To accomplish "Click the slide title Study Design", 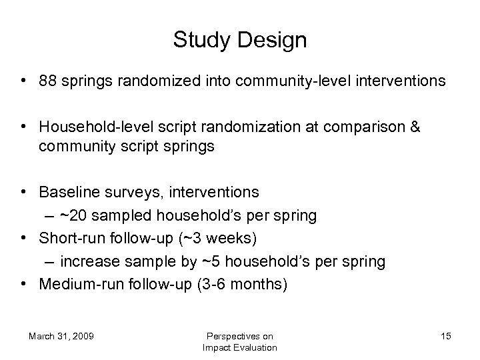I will click(240, 40).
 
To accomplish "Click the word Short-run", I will click(68, 238).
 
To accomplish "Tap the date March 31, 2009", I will click(61, 336).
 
